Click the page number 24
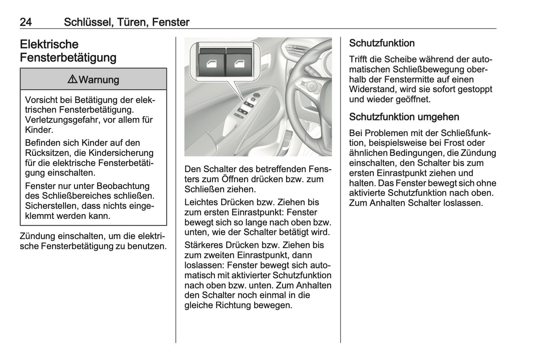click(x=26, y=22)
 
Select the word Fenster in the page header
click(x=171, y=22)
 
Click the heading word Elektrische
click(x=49, y=44)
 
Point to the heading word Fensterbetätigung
click(x=68, y=58)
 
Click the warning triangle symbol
click(x=72, y=79)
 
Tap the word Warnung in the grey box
click(x=99, y=80)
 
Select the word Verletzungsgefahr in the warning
click(x=62, y=120)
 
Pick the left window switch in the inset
click(x=211, y=64)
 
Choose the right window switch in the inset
click(x=239, y=64)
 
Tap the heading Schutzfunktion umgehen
click(x=404, y=117)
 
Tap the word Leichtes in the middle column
click(x=201, y=202)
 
